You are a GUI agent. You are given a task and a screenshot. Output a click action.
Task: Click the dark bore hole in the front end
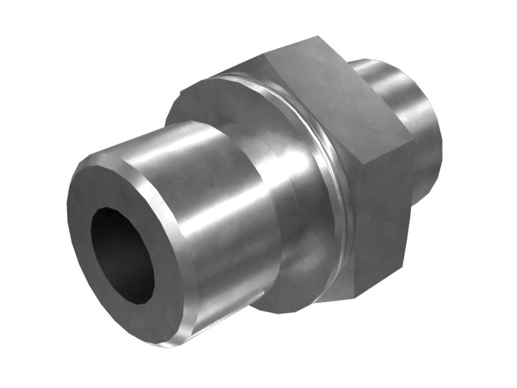(x=120, y=252)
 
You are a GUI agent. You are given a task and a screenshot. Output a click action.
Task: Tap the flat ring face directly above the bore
(x=116, y=188)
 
